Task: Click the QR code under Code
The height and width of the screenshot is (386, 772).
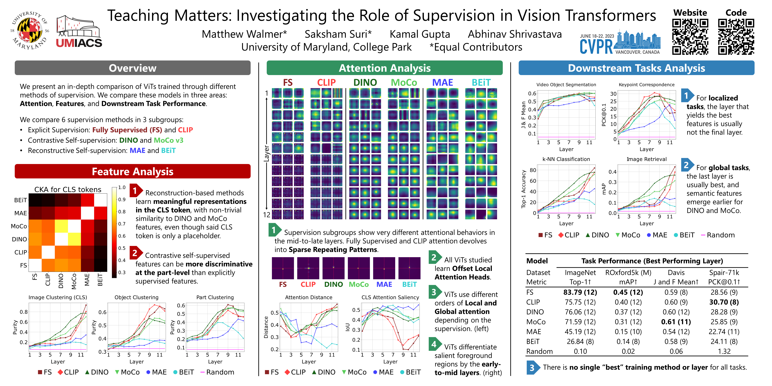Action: click(x=736, y=37)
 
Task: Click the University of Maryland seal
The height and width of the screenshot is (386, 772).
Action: click(x=29, y=30)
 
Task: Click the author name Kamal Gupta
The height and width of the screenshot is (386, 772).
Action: click(x=420, y=34)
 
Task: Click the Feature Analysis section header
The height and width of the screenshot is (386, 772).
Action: click(x=133, y=171)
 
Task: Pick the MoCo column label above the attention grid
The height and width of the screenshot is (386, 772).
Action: click(x=404, y=82)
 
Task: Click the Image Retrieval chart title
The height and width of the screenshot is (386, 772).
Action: click(x=646, y=159)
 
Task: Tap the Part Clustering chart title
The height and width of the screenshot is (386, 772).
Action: click(x=215, y=297)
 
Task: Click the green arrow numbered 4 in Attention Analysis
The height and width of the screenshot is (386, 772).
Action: click(x=434, y=344)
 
